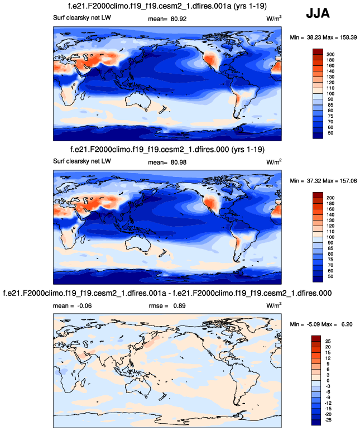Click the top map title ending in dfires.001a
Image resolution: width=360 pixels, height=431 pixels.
[167, 8]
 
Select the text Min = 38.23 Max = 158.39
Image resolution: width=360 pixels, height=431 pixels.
[324, 37]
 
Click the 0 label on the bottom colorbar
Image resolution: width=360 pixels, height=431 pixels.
[329, 380]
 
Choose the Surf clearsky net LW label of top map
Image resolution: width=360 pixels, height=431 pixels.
[79, 20]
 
